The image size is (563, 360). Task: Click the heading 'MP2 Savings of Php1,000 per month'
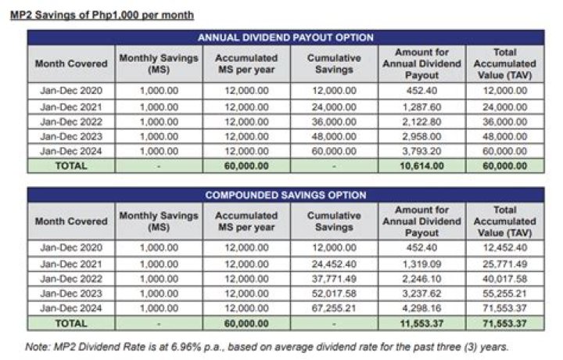pos(102,14)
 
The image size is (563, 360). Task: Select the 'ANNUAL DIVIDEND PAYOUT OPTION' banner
pos(285,37)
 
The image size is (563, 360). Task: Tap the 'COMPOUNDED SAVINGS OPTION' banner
pos(285,195)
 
